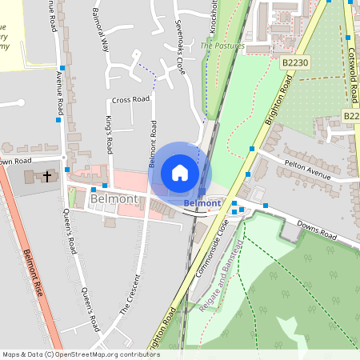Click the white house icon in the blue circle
click(180, 173)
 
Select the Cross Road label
click(130, 100)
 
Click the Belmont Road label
click(151, 143)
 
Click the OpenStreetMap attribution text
click(81, 354)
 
